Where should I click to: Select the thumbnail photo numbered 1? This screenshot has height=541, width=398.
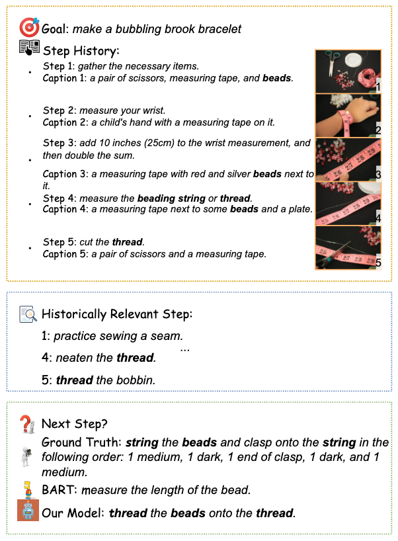(x=348, y=71)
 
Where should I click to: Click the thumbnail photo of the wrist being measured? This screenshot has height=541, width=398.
(x=348, y=115)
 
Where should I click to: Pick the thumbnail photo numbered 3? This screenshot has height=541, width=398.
(x=348, y=159)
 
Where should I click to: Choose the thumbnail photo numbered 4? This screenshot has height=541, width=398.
(x=348, y=203)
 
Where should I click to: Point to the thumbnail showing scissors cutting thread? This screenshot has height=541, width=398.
(x=348, y=247)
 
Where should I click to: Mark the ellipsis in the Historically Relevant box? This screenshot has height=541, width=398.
(x=185, y=347)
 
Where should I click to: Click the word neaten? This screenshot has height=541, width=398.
(x=75, y=358)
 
